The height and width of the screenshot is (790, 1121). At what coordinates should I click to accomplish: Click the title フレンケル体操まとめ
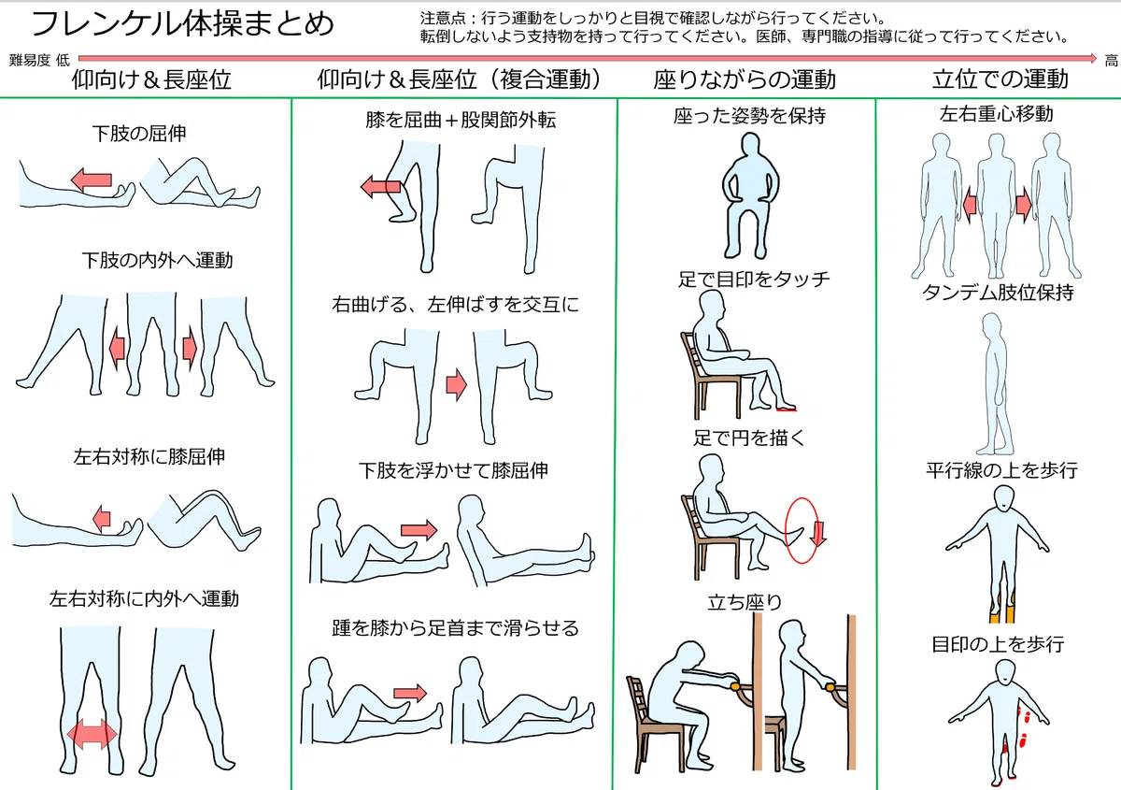click(x=183, y=23)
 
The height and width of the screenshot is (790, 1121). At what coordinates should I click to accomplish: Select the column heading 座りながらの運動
click(x=745, y=79)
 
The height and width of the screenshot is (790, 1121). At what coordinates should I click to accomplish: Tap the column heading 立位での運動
click(x=1000, y=79)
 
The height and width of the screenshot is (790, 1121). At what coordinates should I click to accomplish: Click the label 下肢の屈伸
click(x=139, y=134)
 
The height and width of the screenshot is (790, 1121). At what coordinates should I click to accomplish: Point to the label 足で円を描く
click(x=748, y=438)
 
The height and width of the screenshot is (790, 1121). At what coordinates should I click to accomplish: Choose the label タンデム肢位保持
click(x=998, y=292)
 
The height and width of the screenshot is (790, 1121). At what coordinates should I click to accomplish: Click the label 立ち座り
click(x=745, y=602)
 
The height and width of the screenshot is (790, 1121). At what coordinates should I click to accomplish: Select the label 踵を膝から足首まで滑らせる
click(x=455, y=627)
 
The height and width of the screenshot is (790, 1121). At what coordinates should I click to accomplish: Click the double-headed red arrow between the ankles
click(x=92, y=735)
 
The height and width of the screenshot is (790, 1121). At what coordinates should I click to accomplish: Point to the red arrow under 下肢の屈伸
click(x=92, y=180)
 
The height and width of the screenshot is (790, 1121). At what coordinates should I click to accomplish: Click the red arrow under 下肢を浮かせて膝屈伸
click(x=419, y=530)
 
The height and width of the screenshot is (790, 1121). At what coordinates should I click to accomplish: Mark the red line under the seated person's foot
click(x=787, y=409)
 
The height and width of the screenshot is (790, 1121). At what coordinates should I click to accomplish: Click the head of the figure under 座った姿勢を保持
click(x=749, y=147)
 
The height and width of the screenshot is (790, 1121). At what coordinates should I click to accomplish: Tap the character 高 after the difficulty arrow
click(x=1112, y=61)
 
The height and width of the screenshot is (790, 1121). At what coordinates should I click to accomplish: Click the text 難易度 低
click(x=39, y=61)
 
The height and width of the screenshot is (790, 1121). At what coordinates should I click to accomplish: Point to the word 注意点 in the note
click(x=443, y=18)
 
